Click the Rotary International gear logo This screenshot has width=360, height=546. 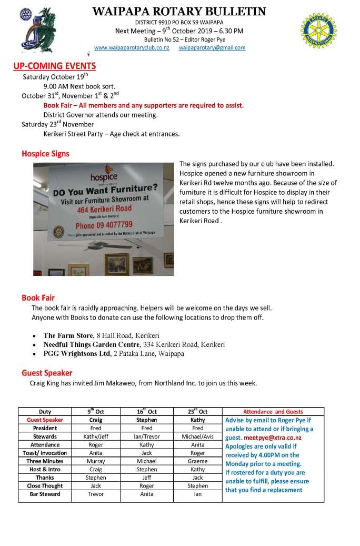[x=318, y=31]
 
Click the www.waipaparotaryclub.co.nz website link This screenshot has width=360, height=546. [x=132, y=48]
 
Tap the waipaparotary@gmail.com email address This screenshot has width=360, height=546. [x=212, y=48]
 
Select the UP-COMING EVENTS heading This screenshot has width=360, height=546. [x=55, y=66]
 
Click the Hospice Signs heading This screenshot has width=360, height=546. [x=45, y=154]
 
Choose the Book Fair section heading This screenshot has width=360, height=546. [x=38, y=298]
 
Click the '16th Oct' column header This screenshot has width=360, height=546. [x=146, y=412]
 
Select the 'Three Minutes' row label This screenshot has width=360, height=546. [x=45, y=461]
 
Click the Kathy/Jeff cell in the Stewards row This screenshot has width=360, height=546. [x=96, y=436]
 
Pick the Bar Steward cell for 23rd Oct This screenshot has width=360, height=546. [x=197, y=494]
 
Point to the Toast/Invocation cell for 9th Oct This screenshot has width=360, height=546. [x=96, y=453]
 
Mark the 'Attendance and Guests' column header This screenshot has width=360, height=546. [x=273, y=412]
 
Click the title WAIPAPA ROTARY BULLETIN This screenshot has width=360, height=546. [x=179, y=12]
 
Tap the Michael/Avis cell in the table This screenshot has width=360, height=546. [x=197, y=436]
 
